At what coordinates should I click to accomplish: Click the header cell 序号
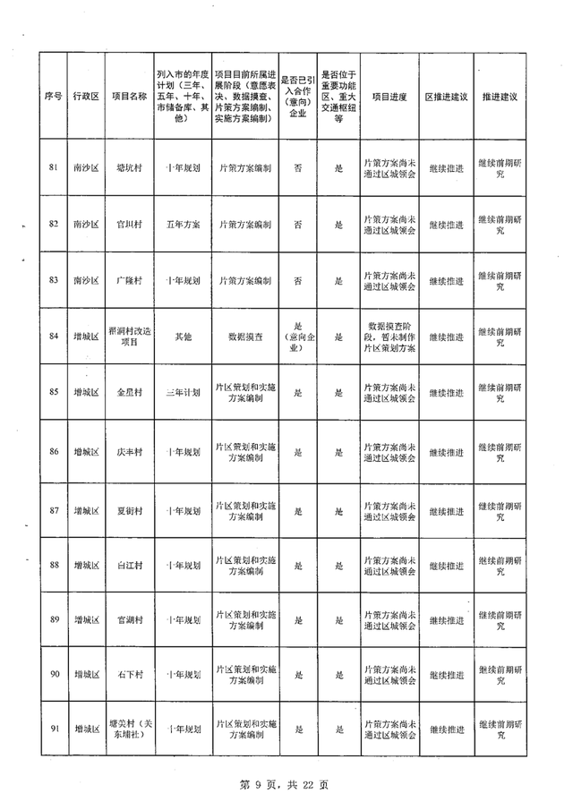click(x=53, y=96)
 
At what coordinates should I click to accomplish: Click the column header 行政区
click(x=87, y=96)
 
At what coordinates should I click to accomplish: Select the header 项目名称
click(x=129, y=96)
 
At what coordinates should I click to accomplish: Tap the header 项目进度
click(x=389, y=96)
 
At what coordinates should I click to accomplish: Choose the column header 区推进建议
click(x=445, y=96)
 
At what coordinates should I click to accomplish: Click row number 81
click(x=53, y=167)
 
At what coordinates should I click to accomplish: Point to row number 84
click(x=53, y=337)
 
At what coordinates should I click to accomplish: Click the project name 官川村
click(x=129, y=224)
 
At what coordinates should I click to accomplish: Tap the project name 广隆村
click(x=129, y=280)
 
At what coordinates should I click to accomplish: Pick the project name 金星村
click(x=129, y=393)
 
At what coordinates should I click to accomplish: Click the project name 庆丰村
click(x=129, y=451)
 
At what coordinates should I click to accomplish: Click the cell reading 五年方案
click(x=184, y=224)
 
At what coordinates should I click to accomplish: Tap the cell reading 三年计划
click(x=184, y=393)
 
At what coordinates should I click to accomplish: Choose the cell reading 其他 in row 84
click(x=184, y=337)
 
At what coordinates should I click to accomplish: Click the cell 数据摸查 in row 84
click(x=244, y=337)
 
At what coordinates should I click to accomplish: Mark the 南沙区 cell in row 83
click(x=87, y=280)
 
